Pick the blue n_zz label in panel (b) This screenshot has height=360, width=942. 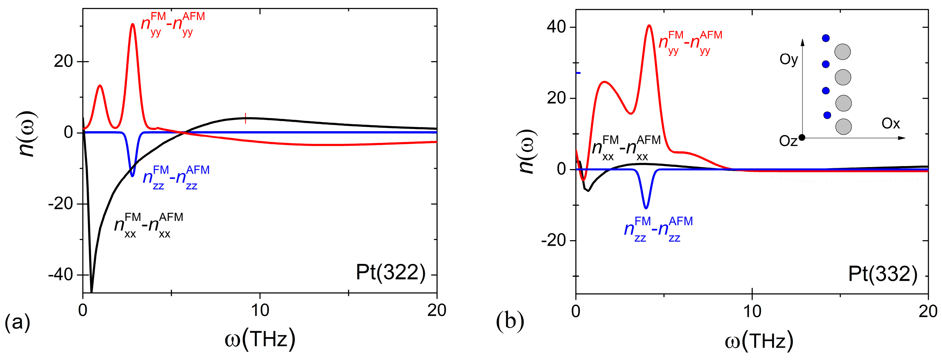click(x=658, y=230)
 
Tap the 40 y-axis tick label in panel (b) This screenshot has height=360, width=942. click(x=556, y=27)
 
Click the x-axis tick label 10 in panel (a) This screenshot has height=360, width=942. click(x=260, y=311)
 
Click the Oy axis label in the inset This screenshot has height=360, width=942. click(x=788, y=59)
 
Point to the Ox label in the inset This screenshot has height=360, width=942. click(x=890, y=124)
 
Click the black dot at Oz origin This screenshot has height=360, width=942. click(x=802, y=137)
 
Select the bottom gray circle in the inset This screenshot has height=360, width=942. click(x=843, y=126)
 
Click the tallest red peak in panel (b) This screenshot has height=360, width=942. click(x=649, y=26)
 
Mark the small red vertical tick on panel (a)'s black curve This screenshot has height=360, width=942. click(x=245, y=118)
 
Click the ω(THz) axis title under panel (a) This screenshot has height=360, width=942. click(x=260, y=339)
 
